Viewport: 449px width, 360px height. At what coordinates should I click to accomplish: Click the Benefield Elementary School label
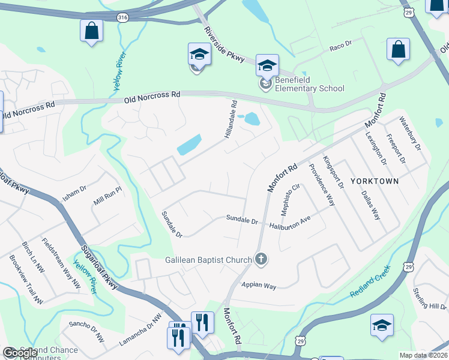[x=310, y=85]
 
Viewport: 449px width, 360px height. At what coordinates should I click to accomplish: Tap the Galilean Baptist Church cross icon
[x=261, y=259]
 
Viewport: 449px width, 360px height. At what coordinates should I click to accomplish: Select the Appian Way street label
[x=259, y=286]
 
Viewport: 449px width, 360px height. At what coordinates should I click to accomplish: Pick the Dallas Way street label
[x=370, y=205]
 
